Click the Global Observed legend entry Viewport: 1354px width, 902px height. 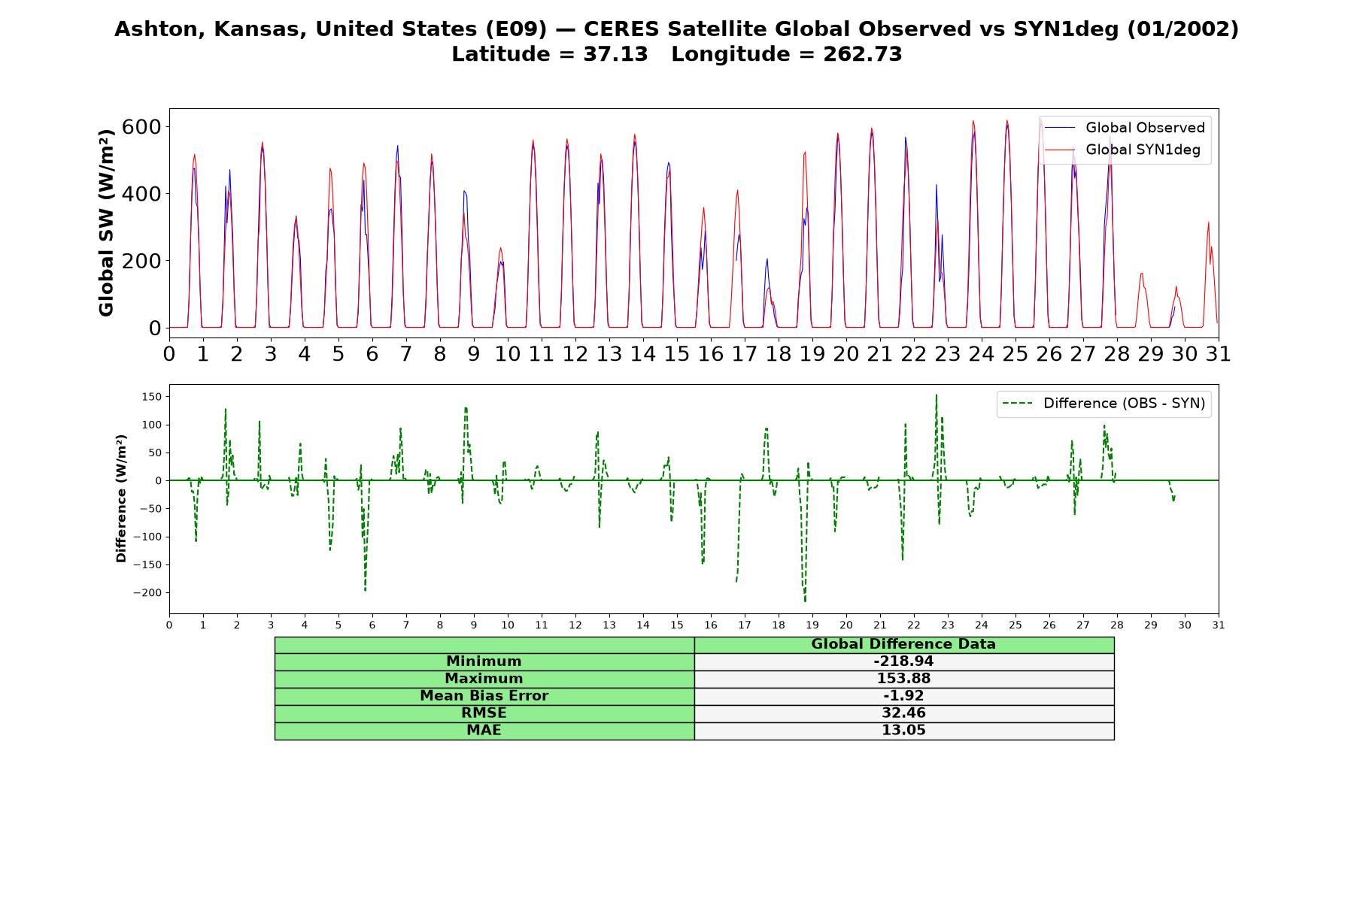point(1125,128)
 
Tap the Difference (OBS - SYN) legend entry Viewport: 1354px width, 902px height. point(1104,404)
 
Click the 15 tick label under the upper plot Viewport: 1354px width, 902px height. point(676,353)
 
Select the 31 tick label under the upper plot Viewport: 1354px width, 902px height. point(1218,353)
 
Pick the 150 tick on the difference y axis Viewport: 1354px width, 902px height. point(153,397)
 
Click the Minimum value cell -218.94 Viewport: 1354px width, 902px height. point(903,661)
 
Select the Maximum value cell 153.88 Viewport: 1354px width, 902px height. point(903,679)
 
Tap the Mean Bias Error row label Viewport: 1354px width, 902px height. point(484,696)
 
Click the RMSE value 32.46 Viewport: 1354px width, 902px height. point(903,713)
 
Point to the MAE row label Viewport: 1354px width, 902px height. point(484,731)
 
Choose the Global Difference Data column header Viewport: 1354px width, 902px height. point(903,644)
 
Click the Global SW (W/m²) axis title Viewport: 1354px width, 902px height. point(106,222)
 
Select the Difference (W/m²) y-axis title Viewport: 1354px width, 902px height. point(121,498)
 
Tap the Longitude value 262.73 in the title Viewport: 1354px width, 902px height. point(863,54)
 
